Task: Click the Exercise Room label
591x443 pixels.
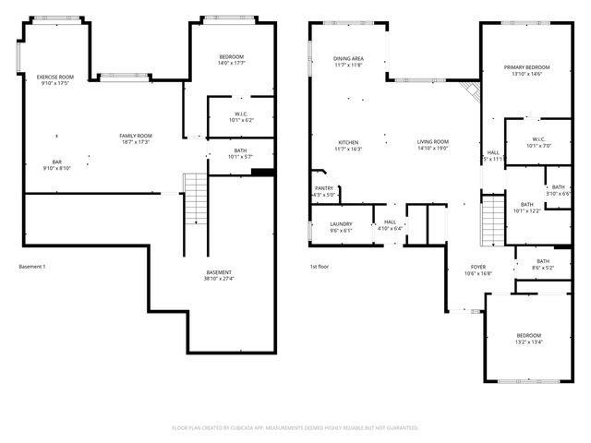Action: click(x=54, y=80)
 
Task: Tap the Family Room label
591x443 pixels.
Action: click(x=136, y=139)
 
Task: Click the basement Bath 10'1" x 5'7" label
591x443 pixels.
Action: click(x=239, y=153)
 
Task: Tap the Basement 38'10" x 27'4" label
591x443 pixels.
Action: click(x=220, y=275)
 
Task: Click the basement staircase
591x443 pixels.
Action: click(x=196, y=199)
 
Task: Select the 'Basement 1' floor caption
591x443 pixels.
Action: click(x=32, y=267)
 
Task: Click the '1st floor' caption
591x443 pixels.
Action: click(x=320, y=267)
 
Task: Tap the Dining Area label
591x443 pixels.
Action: click(x=348, y=62)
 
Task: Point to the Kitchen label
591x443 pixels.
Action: click(x=348, y=145)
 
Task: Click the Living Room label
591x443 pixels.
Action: click(x=432, y=145)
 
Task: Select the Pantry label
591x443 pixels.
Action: click(x=324, y=192)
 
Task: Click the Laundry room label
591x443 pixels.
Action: click(x=341, y=227)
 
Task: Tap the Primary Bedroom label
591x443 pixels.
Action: click(x=526, y=70)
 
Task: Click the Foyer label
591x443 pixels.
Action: click(x=478, y=269)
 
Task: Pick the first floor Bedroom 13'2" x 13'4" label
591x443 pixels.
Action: click(x=529, y=338)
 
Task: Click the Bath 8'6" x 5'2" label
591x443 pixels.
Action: click(x=543, y=264)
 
